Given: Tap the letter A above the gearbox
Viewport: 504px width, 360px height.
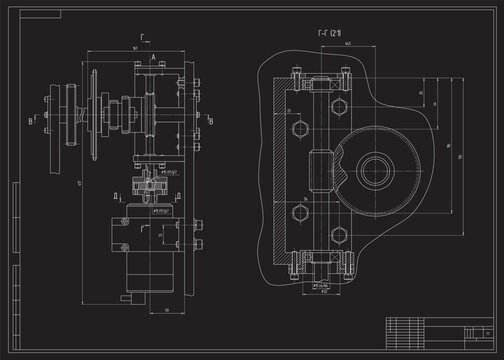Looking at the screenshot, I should tap(152, 60).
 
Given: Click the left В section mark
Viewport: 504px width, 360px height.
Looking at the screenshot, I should tap(29, 120).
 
